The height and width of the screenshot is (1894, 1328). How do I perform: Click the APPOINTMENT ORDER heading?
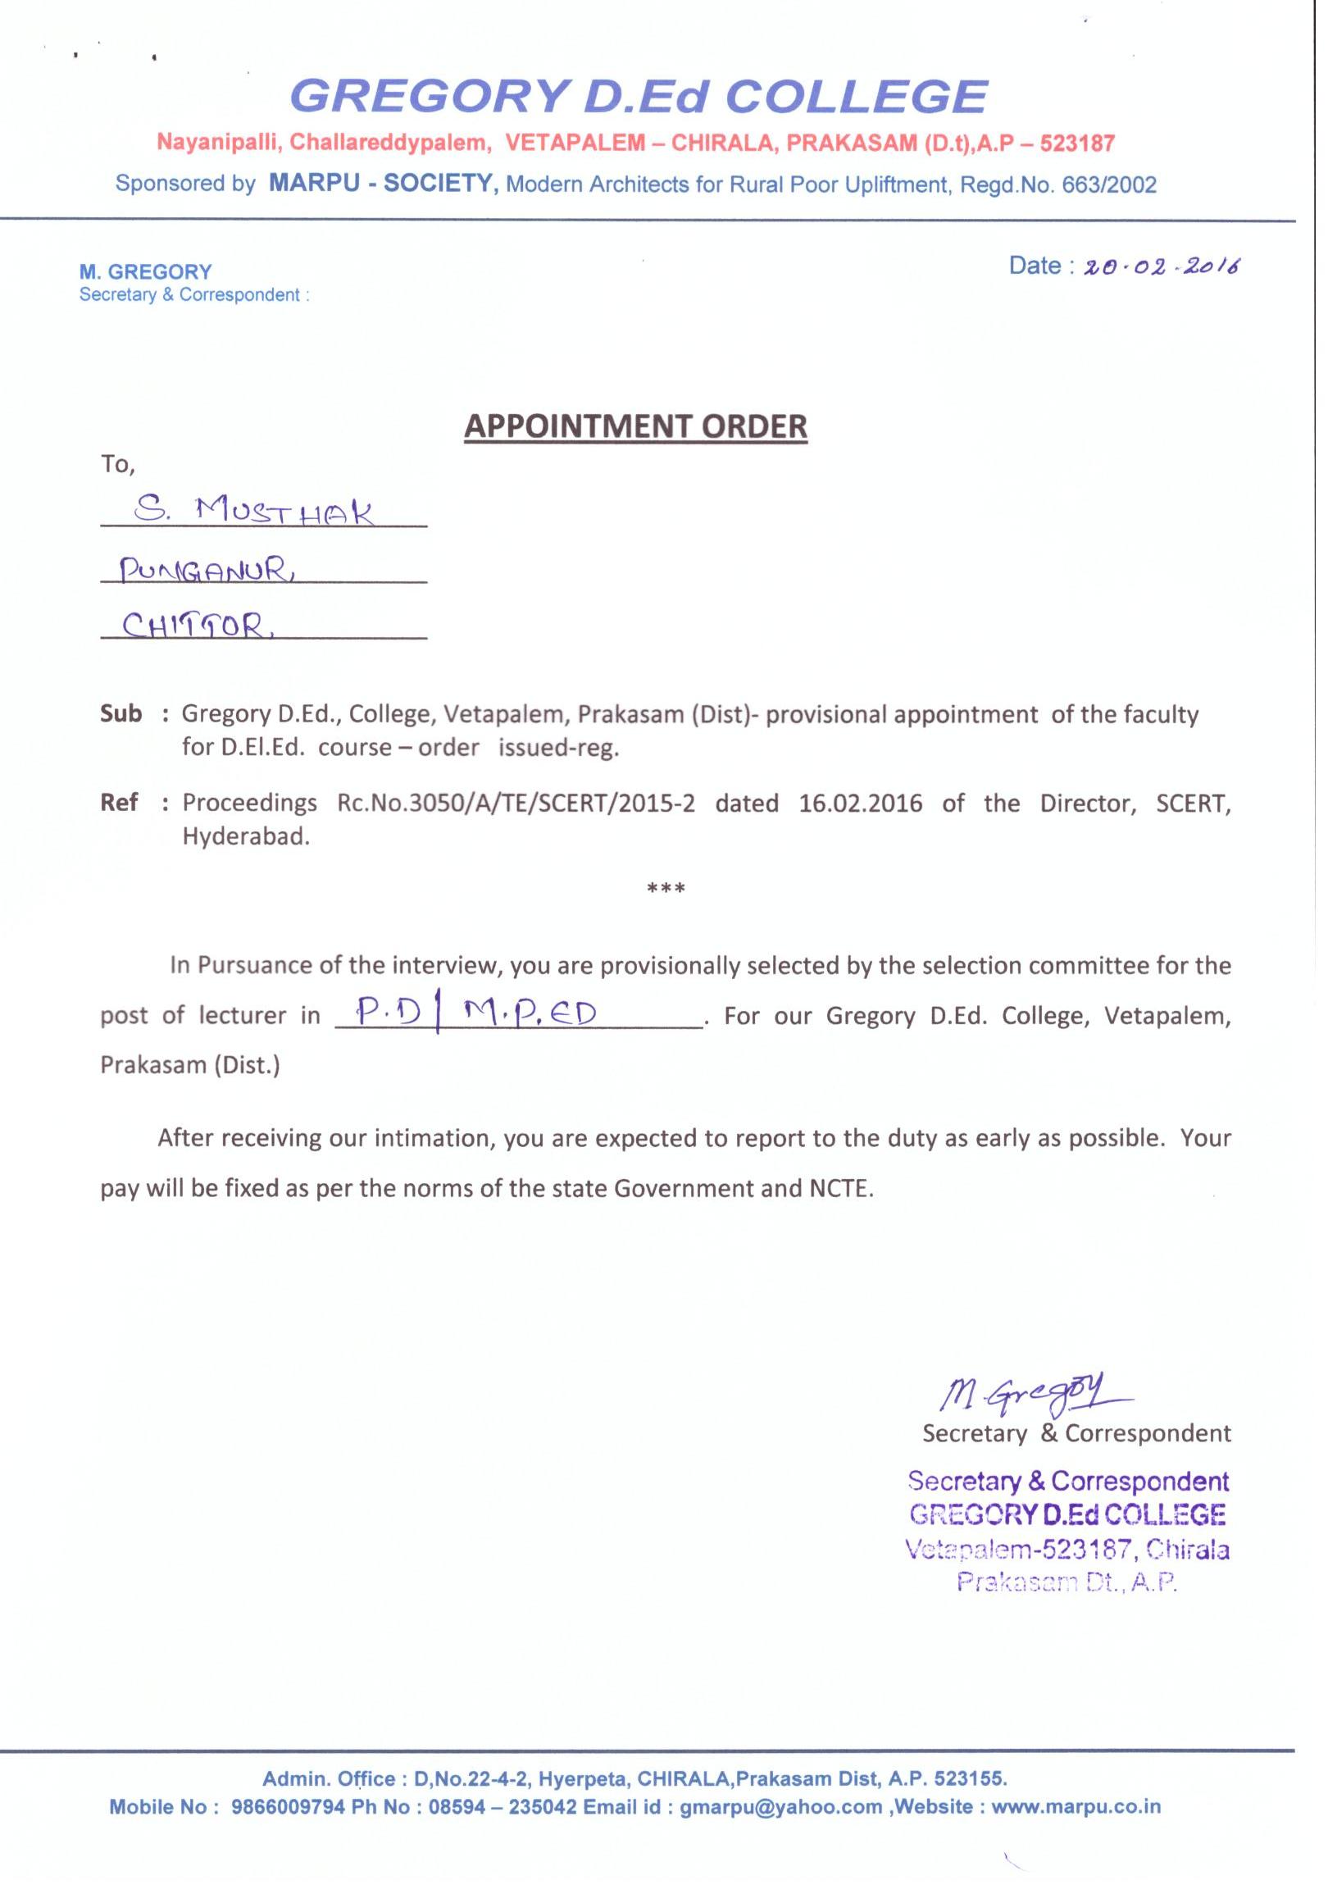635,426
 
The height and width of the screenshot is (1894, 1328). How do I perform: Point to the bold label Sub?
121,713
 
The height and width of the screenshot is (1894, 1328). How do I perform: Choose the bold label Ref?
119,802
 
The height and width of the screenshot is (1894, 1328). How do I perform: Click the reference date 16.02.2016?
860,803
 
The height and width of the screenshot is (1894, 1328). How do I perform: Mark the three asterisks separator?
666,890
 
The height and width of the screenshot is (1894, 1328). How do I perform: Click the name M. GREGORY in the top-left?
145,271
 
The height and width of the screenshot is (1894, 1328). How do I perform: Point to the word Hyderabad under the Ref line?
246,836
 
